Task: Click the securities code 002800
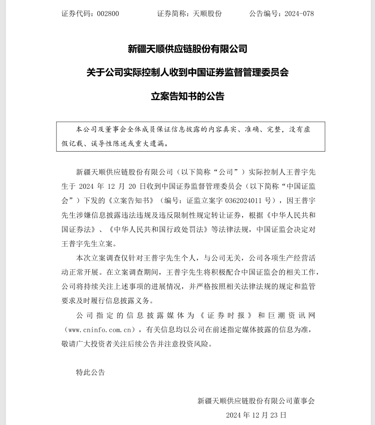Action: click(108, 13)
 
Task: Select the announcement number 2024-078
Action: click(299, 13)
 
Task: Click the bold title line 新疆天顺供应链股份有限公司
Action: click(187, 49)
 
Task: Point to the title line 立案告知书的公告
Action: click(187, 96)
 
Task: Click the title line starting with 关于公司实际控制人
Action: click(187, 73)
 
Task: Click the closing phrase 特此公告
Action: click(91, 372)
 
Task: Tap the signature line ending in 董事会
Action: click(256, 401)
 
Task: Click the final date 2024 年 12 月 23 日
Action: click(256, 415)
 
